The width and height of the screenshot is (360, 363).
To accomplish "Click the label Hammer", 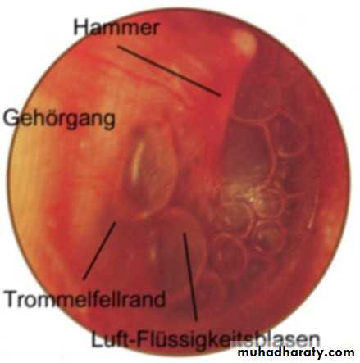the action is click(x=116, y=27).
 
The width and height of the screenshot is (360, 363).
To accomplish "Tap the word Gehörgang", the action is click(x=59, y=119).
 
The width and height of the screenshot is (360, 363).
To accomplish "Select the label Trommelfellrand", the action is click(x=85, y=298).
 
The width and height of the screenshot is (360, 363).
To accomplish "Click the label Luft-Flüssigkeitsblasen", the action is click(x=205, y=339).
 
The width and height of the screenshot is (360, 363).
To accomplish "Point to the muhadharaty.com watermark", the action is click(x=296, y=353).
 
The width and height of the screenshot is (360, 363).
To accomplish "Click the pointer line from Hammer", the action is click(x=170, y=70).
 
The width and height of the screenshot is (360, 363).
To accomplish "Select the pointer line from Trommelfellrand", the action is click(x=99, y=251).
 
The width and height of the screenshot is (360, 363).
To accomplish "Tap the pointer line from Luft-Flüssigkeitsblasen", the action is click(x=190, y=276).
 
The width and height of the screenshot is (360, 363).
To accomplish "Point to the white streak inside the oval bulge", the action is click(x=138, y=158).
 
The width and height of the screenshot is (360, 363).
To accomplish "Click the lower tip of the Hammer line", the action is click(x=221, y=96).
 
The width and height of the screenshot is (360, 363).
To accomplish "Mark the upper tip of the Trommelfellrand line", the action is click(x=116, y=222).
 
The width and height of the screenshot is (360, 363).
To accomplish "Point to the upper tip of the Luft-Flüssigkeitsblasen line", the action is click(x=185, y=234).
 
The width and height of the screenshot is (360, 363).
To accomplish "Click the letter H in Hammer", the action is click(x=80, y=27).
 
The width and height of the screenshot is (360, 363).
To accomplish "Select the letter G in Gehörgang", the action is click(x=11, y=117).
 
